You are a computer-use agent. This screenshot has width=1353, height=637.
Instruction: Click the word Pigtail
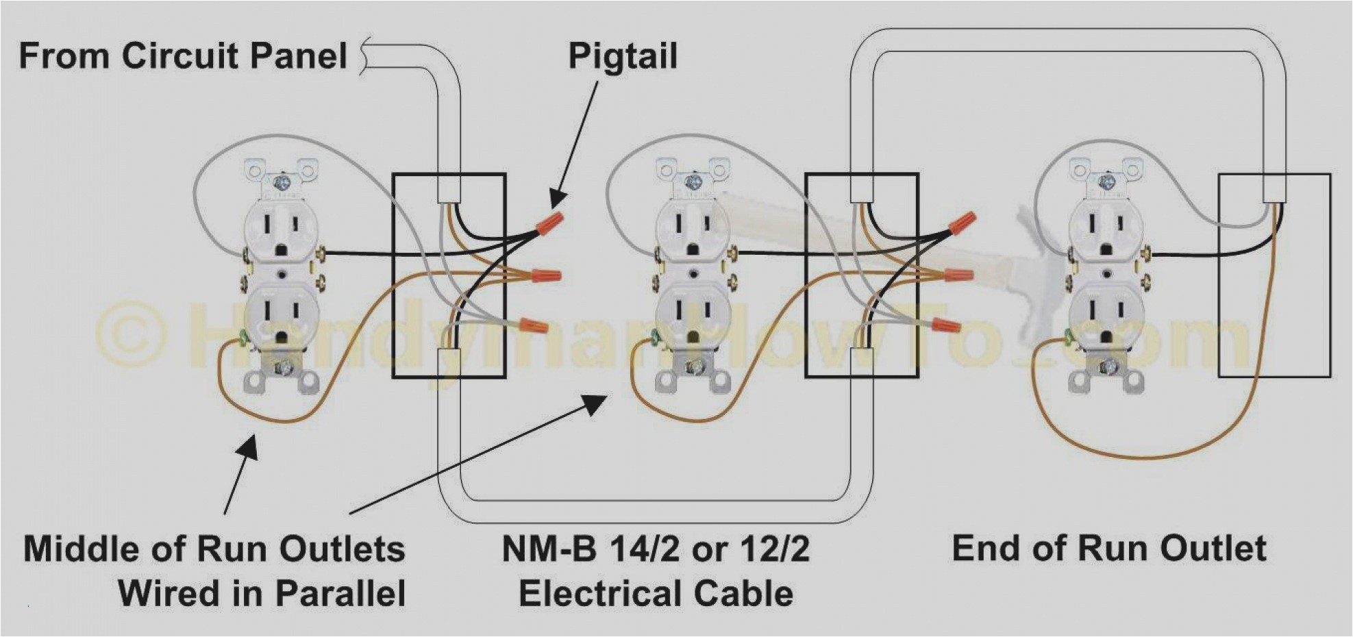pos(622,57)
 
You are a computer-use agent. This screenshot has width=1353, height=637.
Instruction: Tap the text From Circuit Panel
pos(183,55)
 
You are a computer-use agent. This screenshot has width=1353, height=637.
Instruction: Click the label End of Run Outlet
pos(1108,549)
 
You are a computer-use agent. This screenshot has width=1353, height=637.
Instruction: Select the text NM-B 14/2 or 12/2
pos(656,549)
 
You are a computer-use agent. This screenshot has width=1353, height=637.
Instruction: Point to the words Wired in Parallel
pos(262,593)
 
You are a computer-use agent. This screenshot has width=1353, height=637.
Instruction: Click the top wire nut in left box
pos(549,223)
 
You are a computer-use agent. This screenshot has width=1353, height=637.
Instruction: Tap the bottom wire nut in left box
pos(534,325)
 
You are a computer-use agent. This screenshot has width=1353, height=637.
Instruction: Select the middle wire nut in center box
pos(958,275)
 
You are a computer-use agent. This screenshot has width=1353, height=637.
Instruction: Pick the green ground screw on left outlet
pos(242,338)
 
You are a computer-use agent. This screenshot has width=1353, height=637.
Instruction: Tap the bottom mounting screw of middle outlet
pos(693,370)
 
